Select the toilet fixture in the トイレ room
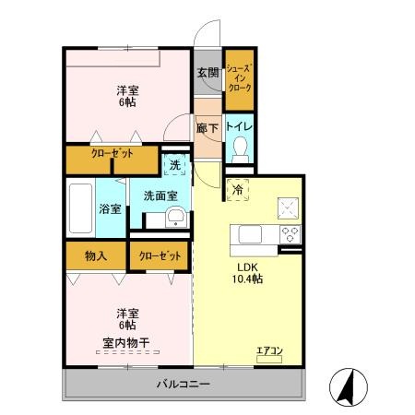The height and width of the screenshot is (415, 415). coord(240,147)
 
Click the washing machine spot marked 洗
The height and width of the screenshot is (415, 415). coord(175,166)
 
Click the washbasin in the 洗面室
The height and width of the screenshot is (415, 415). coord(174,218)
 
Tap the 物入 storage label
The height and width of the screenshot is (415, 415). coord(96,255)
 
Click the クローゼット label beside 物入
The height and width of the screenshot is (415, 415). coord(159,255)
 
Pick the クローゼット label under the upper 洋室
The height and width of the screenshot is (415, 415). coord(112,156)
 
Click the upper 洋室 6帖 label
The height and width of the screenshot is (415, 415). coord(126,96)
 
